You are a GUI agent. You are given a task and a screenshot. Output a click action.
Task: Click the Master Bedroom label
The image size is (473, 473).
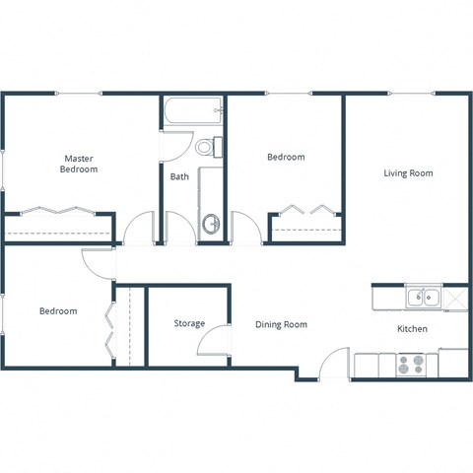coord(81,164)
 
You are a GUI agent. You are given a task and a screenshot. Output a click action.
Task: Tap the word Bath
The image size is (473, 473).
coord(179,177)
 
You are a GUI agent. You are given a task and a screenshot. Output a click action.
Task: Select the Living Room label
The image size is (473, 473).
coord(408,173)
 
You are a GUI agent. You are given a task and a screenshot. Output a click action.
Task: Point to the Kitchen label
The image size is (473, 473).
coord(412,329)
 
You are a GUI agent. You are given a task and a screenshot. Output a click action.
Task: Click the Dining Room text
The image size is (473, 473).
coord(281,324)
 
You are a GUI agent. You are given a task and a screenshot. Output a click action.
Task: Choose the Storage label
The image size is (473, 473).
coord(189,323)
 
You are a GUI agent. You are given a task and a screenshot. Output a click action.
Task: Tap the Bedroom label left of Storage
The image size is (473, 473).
coord(58,311)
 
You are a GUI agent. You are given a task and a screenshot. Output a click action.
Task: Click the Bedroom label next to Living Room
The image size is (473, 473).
coord(286,157)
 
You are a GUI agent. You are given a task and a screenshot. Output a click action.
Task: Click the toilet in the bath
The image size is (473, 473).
coord(207,148)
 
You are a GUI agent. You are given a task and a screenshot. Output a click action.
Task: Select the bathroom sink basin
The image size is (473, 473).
coord(210,224)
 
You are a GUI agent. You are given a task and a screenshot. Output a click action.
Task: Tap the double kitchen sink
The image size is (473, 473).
coord(425,295)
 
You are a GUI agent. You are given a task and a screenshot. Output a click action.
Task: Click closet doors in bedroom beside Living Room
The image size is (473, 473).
coord(306,210)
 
